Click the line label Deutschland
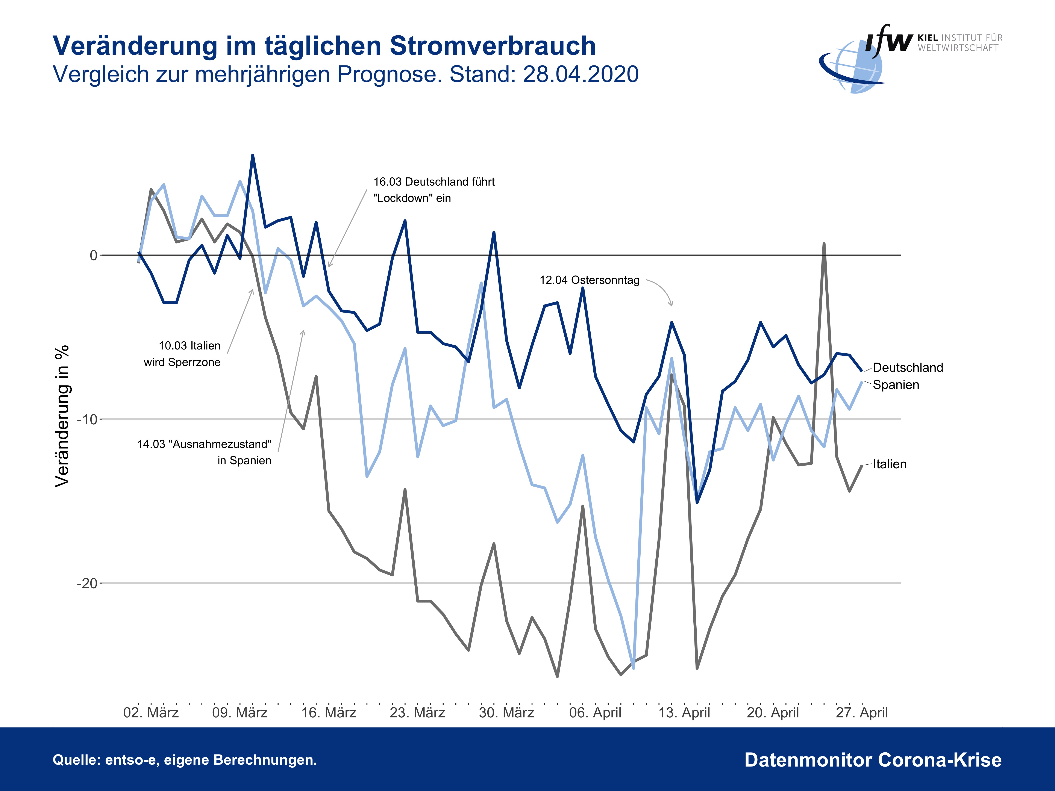[x=908, y=368]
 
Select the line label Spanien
[x=896, y=385]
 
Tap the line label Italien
[x=890, y=464]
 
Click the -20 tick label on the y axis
[x=87, y=583]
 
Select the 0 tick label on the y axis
[x=94, y=256]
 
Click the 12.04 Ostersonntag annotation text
[x=590, y=280]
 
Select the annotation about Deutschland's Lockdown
[x=434, y=190]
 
